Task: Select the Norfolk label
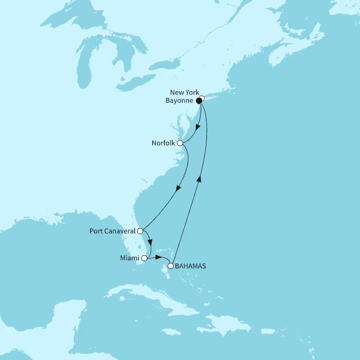pos(163,143)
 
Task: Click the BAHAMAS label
pos(191,267)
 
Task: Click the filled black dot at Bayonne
pos(199,101)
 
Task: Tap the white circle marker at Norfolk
pos(180,143)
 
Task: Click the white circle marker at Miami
pos(144,259)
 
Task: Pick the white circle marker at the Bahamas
pos(171,267)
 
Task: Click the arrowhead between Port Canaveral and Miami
pos(150,242)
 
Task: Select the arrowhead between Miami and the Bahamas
pos(157,257)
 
